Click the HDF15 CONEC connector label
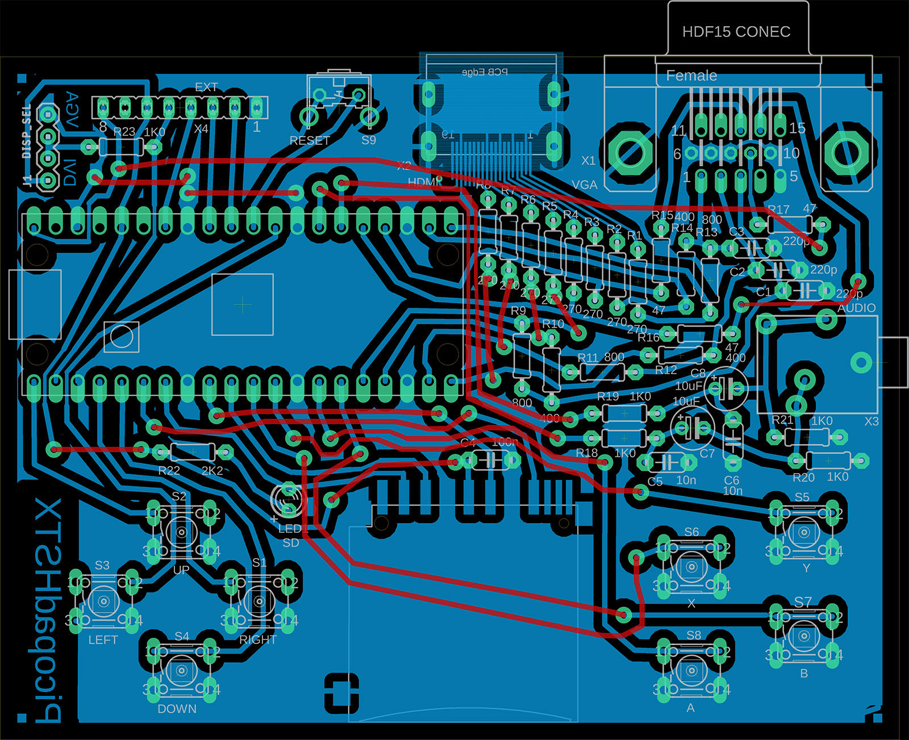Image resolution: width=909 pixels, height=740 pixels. point(736,32)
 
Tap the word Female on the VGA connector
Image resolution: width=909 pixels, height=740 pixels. point(691,76)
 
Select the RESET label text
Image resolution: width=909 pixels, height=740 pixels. point(310,140)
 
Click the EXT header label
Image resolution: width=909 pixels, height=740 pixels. point(206,87)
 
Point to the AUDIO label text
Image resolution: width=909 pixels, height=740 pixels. point(857,308)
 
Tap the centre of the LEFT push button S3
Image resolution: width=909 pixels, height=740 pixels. point(103,601)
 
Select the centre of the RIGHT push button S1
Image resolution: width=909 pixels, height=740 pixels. point(260,601)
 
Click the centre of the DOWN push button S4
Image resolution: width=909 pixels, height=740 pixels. point(181,671)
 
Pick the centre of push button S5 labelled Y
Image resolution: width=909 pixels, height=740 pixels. point(804,532)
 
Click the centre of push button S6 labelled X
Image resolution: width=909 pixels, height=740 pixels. point(691,567)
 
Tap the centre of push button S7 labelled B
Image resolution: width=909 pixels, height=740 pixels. point(804,636)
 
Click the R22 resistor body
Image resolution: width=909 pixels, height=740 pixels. point(193,452)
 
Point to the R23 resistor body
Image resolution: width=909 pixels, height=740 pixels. point(121,148)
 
